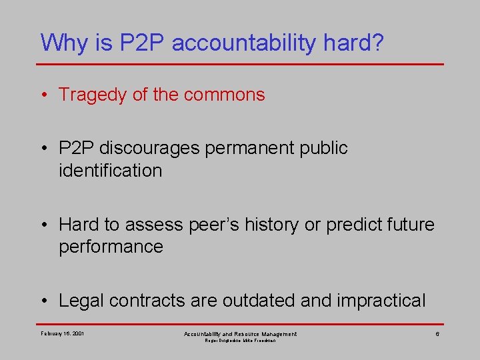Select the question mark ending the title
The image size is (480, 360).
click(x=378, y=43)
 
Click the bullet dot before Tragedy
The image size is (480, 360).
click(x=44, y=95)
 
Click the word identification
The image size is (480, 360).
click(x=110, y=171)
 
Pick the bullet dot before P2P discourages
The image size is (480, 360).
click(x=44, y=148)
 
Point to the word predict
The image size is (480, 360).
click(x=353, y=224)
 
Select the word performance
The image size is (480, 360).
click(x=111, y=247)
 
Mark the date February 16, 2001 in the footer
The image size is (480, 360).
click(x=63, y=333)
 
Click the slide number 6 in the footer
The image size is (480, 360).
click(x=437, y=333)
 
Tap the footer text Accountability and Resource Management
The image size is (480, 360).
click(x=240, y=333)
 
